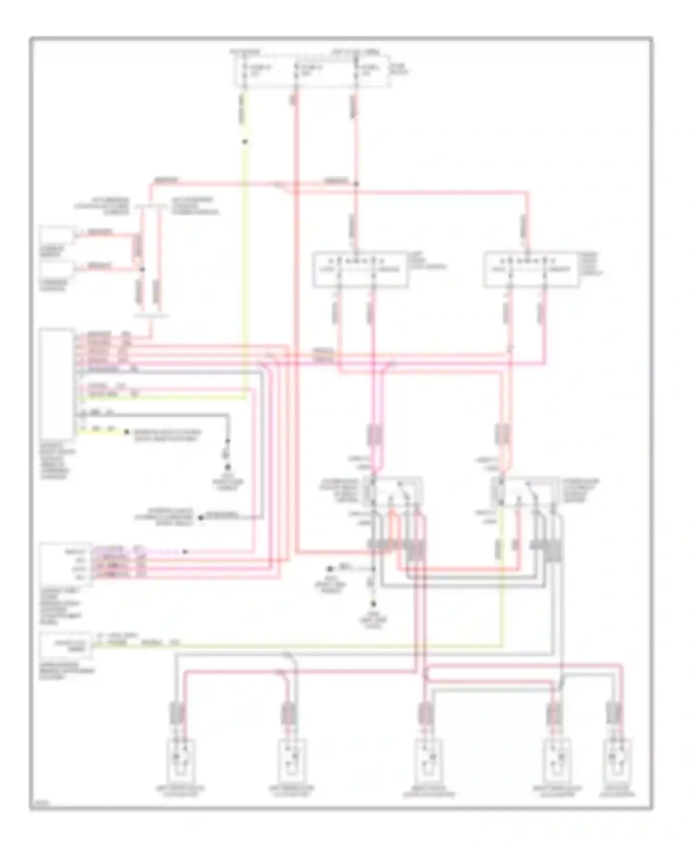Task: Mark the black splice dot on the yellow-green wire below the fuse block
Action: pos(245,142)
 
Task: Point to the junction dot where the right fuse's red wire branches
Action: pos(356,184)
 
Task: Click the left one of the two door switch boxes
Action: pos(360,270)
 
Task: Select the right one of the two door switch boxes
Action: pos(531,270)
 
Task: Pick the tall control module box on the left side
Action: pos(57,384)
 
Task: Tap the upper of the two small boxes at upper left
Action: pos(56,235)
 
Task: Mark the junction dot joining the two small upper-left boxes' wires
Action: pos(142,269)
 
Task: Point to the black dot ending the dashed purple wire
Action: pos(185,552)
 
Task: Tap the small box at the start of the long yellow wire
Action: pos(65,644)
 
